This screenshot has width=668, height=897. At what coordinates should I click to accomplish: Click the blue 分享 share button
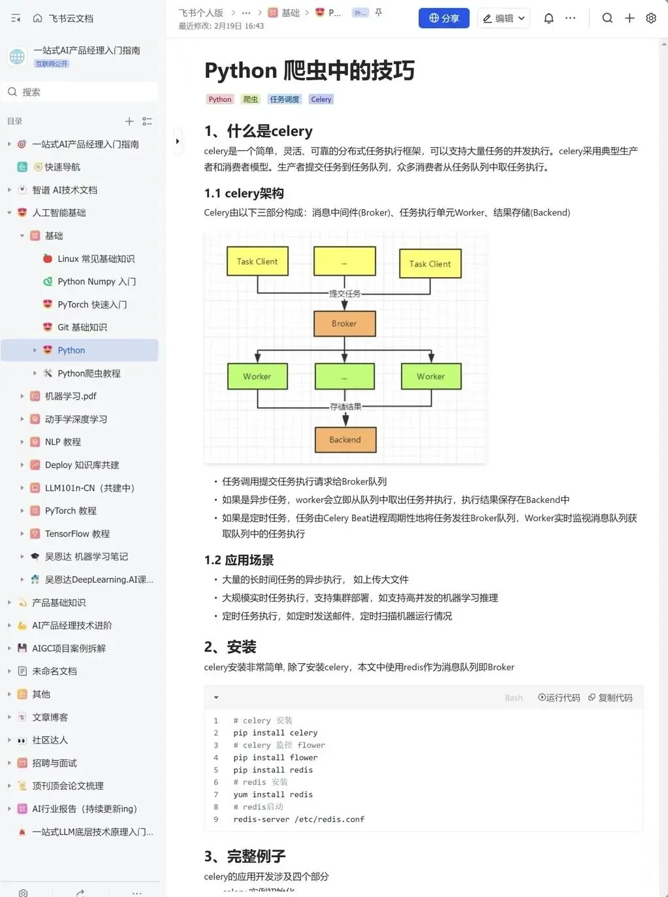[443, 18]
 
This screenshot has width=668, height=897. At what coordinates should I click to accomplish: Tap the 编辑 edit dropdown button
[503, 18]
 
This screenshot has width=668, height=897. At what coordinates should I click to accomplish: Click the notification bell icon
[549, 18]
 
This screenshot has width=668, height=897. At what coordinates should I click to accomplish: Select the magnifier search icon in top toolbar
[607, 18]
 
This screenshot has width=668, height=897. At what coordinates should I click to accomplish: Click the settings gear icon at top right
[651, 18]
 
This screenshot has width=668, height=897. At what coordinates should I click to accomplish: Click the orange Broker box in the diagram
[344, 323]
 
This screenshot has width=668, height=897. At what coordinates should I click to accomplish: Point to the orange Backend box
[345, 440]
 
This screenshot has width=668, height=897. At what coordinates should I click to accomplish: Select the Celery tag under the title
[321, 99]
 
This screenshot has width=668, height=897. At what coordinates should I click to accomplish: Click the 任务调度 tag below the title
[284, 99]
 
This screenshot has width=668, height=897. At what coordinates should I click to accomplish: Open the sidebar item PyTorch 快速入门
[92, 304]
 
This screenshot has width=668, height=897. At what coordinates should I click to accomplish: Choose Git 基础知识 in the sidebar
[82, 327]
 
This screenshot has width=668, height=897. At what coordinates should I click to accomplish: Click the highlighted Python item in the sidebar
[71, 350]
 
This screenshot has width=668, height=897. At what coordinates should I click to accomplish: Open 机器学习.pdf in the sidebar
[71, 396]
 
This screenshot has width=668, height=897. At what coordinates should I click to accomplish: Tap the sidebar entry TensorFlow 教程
[77, 534]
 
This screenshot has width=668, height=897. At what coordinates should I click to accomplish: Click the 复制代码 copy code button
[611, 698]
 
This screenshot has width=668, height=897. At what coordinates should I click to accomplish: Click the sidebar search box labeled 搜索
[82, 92]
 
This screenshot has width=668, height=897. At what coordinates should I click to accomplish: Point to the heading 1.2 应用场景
[239, 560]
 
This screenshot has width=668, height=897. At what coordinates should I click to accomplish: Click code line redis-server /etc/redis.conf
[298, 819]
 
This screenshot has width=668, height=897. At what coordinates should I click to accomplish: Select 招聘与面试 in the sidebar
[54, 763]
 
